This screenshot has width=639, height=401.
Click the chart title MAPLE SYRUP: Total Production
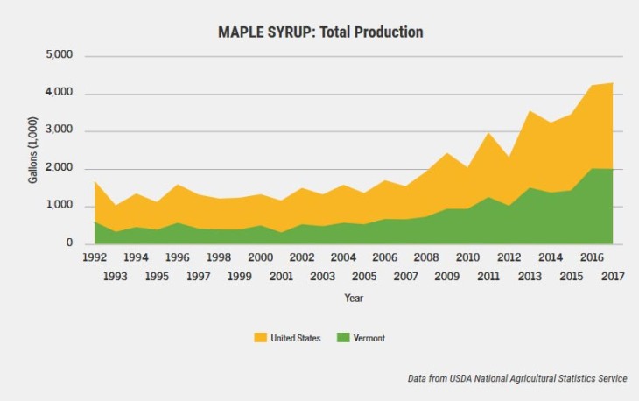coord(319,32)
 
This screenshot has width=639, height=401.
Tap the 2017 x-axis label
coord(614,277)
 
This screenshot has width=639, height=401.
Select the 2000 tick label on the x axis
coord(260,258)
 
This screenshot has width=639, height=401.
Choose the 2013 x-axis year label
coord(530,277)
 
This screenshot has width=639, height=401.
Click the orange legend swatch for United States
coord(260,337)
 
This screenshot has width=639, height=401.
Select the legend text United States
coord(296,338)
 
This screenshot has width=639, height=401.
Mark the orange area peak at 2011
coord(488,133)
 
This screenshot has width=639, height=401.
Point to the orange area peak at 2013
coord(530,110)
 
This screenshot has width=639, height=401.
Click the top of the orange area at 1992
coord(94,182)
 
